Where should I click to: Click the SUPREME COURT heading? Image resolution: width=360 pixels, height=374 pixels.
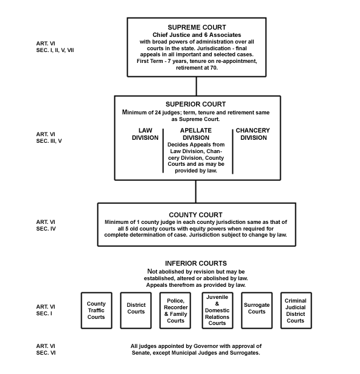pyautogui.click(x=197, y=27)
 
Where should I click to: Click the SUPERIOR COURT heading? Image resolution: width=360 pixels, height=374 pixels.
pyautogui.click(x=196, y=104)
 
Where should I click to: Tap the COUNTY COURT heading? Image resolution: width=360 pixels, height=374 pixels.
pyautogui.click(x=196, y=215)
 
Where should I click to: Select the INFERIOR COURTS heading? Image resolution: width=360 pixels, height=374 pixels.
pyautogui.click(x=196, y=263)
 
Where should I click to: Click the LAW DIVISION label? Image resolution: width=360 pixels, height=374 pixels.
pyautogui.click(x=145, y=134)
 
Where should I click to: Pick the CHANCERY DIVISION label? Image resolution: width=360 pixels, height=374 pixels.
pyautogui.click(x=253, y=134)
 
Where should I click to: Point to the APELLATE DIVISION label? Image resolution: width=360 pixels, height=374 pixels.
pyautogui.click(x=196, y=134)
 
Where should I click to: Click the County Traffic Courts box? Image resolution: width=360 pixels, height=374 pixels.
pyautogui.click(x=97, y=310)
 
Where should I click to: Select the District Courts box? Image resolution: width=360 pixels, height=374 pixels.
pyautogui.click(x=136, y=310)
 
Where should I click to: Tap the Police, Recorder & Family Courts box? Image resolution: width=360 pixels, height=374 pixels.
pyautogui.click(x=175, y=310)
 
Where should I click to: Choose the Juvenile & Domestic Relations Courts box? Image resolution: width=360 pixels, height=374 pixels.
pyautogui.click(x=217, y=310)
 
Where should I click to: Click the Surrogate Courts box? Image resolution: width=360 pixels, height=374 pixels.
pyautogui.click(x=257, y=310)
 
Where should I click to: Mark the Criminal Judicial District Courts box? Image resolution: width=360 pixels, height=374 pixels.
pyautogui.click(x=296, y=310)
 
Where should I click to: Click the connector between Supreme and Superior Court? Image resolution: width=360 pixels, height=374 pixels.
pyautogui.click(x=197, y=87)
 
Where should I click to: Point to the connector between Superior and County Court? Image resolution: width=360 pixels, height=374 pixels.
pyautogui.click(x=196, y=191)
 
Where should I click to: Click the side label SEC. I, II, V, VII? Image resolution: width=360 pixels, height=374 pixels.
pyautogui.click(x=55, y=50)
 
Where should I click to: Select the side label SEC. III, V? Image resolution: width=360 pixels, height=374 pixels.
pyautogui.click(x=49, y=141)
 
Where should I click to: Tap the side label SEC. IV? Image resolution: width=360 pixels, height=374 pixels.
pyautogui.click(x=46, y=229)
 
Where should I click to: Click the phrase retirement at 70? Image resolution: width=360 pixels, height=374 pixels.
pyautogui.click(x=197, y=68)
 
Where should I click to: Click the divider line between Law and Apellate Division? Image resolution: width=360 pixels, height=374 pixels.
pyautogui.click(x=163, y=151)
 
